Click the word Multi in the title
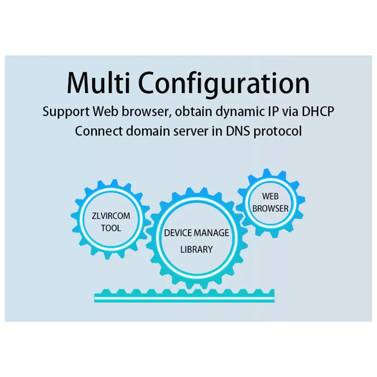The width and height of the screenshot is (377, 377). (x=100, y=83)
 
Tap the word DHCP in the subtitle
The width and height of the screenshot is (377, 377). (x=316, y=112)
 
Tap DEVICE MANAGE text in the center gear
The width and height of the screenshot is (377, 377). (x=197, y=233)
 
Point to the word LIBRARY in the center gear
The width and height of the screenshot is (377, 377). (x=197, y=249)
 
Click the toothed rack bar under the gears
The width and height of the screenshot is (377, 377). (x=184, y=296)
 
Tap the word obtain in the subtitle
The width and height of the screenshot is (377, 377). (x=188, y=112)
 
